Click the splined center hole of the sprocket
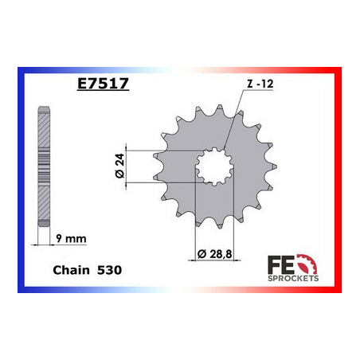pyautogui.click(x=211, y=166)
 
